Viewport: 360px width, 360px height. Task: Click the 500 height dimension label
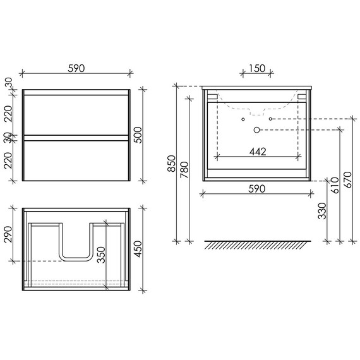(x=138, y=135)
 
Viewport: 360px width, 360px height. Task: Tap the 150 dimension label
(x=256, y=68)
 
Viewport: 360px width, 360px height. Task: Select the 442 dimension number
(x=258, y=152)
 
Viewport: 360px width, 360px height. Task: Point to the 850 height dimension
(x=171, y=164)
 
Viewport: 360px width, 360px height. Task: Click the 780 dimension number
(x=184, y=170)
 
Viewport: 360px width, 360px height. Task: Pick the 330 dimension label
(x=322, y=211)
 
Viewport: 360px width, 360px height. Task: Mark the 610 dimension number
(x=335, y=185)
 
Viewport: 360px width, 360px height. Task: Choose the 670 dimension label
(x=347, y=180)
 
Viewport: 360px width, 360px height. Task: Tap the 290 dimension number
(x=8, y=234)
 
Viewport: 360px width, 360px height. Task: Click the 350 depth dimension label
(x=101, y=255)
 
